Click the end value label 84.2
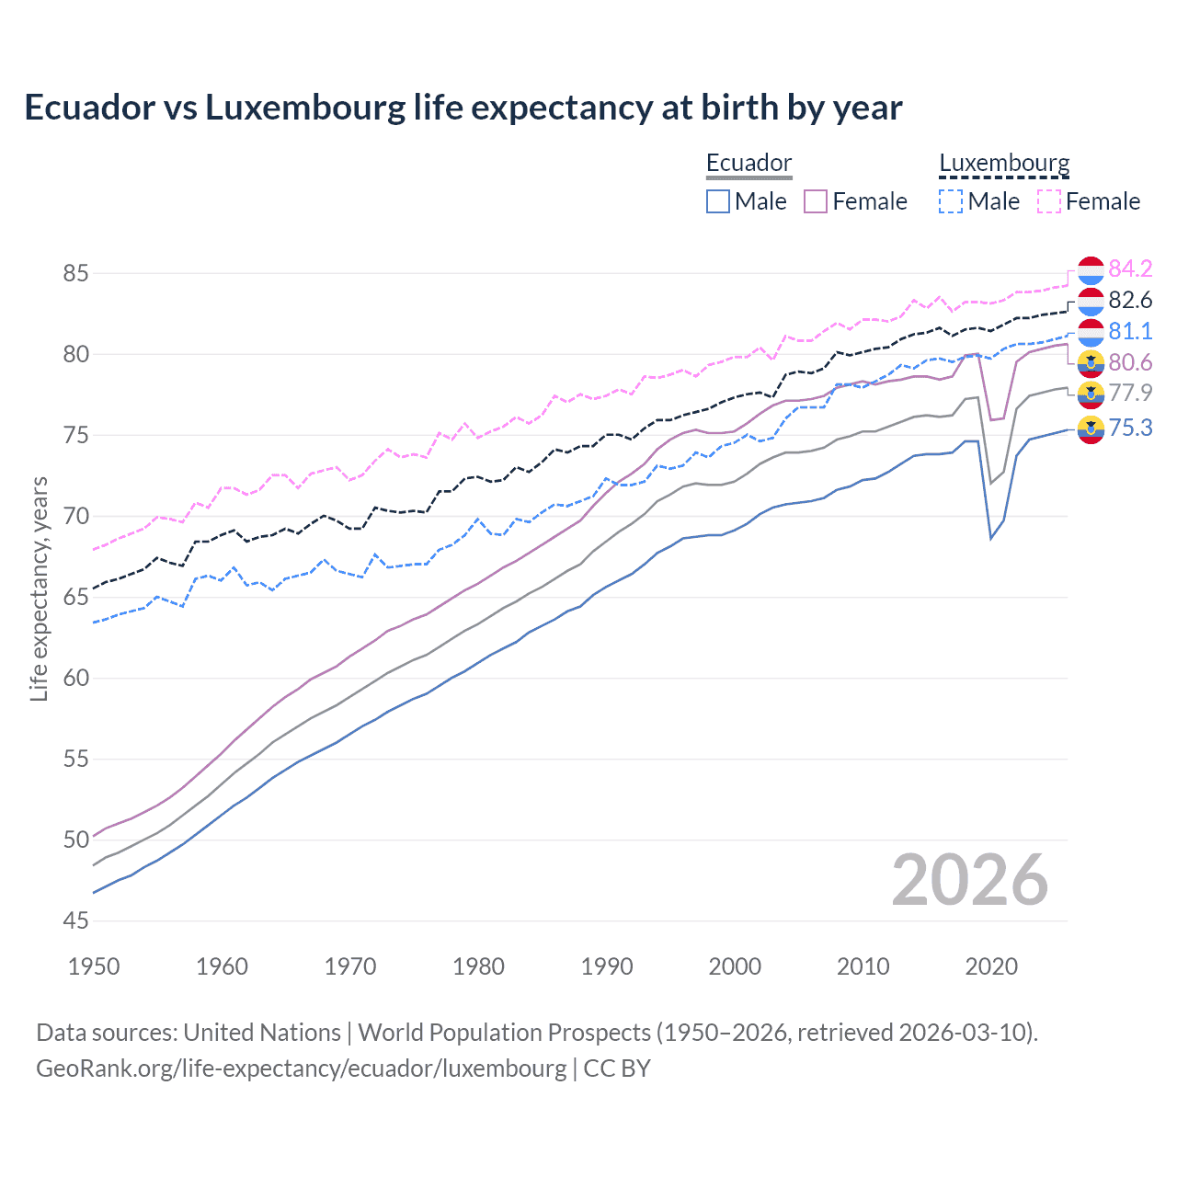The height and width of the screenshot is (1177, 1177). (1130, 269)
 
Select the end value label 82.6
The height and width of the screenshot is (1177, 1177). (1130, 300)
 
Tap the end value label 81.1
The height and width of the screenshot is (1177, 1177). (1130, 331)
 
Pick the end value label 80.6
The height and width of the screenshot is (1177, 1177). (1130, 362)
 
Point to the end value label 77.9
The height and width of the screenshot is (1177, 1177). (1130, 394)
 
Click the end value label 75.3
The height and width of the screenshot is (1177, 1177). (1130, 428)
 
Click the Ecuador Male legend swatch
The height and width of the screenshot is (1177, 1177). (718, 201)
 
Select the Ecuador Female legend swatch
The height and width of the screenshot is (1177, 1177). (817, 201)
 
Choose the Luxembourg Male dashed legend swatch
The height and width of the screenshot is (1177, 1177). (951, 201)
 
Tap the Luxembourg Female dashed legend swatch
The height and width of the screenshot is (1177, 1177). (1049, 201)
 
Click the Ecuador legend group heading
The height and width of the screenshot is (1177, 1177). (748, 164)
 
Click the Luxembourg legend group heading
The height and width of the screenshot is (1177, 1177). (1004, 164)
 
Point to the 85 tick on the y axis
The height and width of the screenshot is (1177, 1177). (76, 273)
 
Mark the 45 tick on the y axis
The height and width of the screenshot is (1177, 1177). (76, 920)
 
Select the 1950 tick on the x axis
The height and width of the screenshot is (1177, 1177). (94, 966)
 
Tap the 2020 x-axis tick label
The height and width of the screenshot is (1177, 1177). (991, 966)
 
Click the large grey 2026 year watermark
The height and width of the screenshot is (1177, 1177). (970, 880)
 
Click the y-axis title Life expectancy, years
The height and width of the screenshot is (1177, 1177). (39, 588)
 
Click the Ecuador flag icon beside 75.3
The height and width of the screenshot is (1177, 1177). (1091, 429)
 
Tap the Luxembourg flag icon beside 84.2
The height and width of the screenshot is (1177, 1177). (1091, 270)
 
